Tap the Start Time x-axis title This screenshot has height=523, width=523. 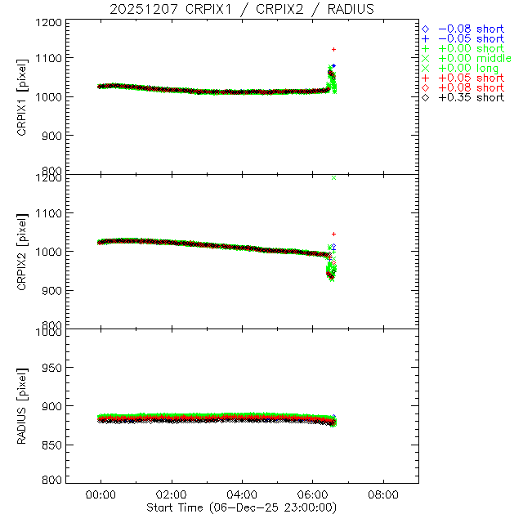click(242, 507)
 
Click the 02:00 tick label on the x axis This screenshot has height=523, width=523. click(172, 494)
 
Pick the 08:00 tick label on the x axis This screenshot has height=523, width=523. click(383, 494)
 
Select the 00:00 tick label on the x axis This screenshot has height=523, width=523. click(101, 494)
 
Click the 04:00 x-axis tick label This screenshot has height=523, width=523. click(242, 494)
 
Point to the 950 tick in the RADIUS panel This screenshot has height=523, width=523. click(54, 369)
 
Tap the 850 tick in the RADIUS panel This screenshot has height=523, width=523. click(54, 445)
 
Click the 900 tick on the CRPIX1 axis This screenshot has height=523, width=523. click(54, 136)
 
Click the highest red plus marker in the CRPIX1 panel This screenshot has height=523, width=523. click(333, 50)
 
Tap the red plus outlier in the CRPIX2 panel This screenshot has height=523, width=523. click(333, 235)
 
